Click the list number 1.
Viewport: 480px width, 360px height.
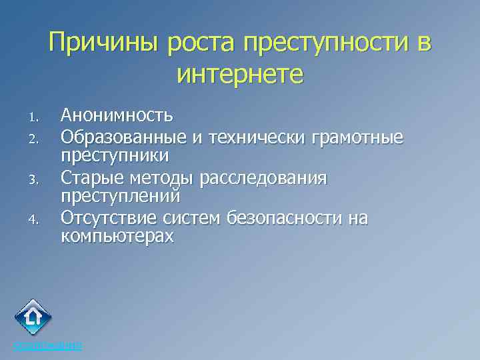pyautogui.click(x=35, y=119)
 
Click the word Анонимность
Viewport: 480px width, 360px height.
pyautogui.click(x=117, y=116)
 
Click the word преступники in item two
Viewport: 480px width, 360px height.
pyautogui.click(x=115, y=156)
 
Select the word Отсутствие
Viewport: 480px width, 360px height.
pyautogui.click(x=107, y=219)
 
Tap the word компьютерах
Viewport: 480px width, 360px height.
pyautogui.click(x=117, y=237)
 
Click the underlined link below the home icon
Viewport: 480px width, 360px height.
pyautogui.click(x=48, y=345)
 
